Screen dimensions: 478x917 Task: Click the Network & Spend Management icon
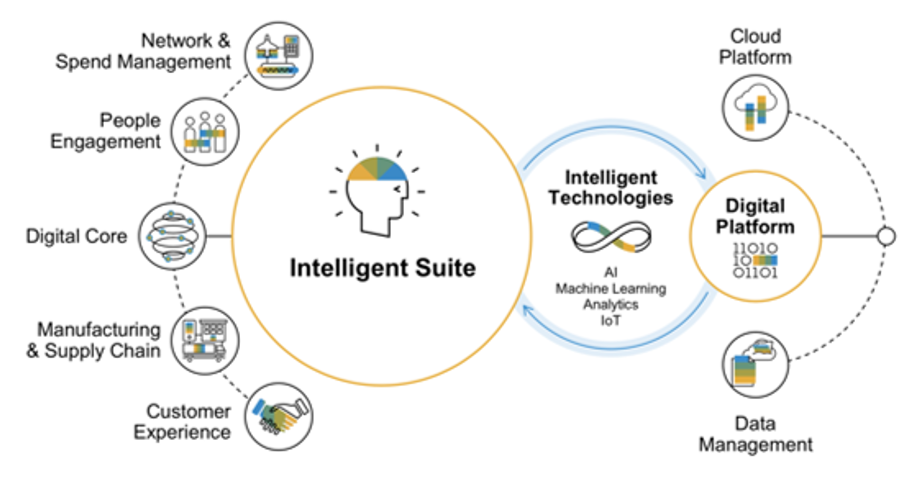coord(278,56)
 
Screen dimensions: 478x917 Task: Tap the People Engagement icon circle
coord(205,132)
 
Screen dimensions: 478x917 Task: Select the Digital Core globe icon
coord(172,236)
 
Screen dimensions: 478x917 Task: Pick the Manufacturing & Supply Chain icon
coord(205,341)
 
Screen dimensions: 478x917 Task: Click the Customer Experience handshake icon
coord(279,416)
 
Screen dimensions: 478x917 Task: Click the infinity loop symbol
coord(611,237)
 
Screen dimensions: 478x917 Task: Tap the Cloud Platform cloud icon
coord(756,108)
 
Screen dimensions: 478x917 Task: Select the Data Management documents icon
coord(756,364)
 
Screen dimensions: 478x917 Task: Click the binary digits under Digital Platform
coord(755,260)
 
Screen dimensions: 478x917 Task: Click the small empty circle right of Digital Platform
coord(886,236)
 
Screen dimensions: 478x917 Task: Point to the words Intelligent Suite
coord(383,268)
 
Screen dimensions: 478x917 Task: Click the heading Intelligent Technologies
coord(611,188)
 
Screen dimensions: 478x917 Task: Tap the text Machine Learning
coord(611,289)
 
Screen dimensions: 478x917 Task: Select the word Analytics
coord(611,304)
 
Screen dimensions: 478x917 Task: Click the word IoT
coord(611,320)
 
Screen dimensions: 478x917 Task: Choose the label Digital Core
coord(77,236)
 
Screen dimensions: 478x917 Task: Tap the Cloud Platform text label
coord(756,47)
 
